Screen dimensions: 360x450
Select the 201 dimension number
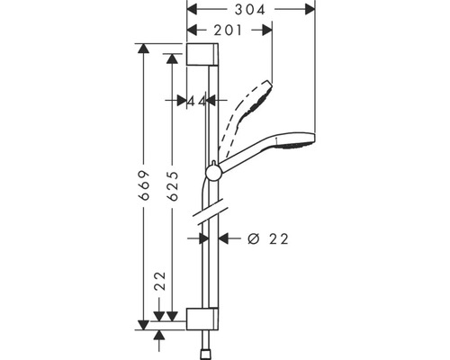[229, 30]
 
